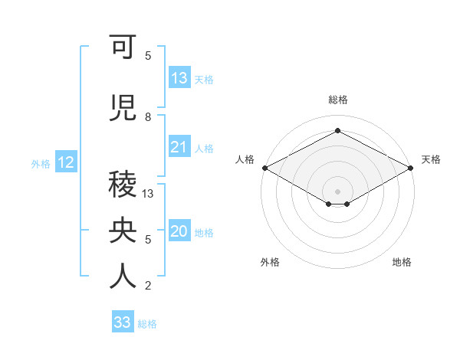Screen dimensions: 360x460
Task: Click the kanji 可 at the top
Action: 123,47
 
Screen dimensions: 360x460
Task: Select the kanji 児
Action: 123,109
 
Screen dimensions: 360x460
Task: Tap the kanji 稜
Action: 123,185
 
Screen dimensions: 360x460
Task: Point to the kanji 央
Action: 123,231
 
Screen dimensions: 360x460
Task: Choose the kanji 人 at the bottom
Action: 123,277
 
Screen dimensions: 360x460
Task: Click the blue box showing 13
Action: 179,78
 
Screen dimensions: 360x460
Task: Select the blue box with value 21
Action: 179,147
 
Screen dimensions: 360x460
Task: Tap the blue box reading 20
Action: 179,232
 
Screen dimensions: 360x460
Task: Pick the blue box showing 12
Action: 65,162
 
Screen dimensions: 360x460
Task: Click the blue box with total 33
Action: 123,322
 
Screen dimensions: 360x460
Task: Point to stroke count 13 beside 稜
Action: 148,194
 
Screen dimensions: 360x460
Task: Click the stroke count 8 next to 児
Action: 148,117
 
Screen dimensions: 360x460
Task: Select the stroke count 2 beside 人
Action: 148,286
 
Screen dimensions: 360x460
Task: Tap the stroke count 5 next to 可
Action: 148,56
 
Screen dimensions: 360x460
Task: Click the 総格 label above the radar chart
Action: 337,100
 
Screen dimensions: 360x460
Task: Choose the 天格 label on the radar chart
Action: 431,159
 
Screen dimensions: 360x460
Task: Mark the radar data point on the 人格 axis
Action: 264,168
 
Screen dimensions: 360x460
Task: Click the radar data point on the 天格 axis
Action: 411,168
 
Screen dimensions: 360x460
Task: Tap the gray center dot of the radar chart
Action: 337,191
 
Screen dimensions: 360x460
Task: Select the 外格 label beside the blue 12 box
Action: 41,163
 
